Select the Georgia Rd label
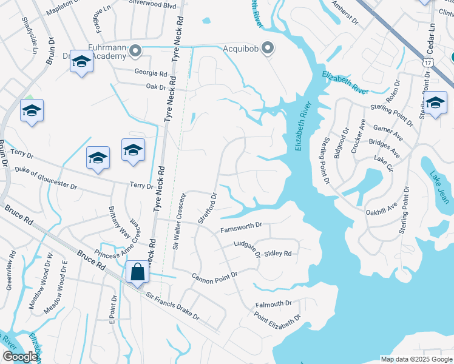pyautogui.click(x=152, y=73)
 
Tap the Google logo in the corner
pyautogui.click(x=19, y=357)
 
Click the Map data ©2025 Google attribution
pyautogui.click(x=416, y=359)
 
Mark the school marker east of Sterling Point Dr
pyautogui.click(x=435, y=104)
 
